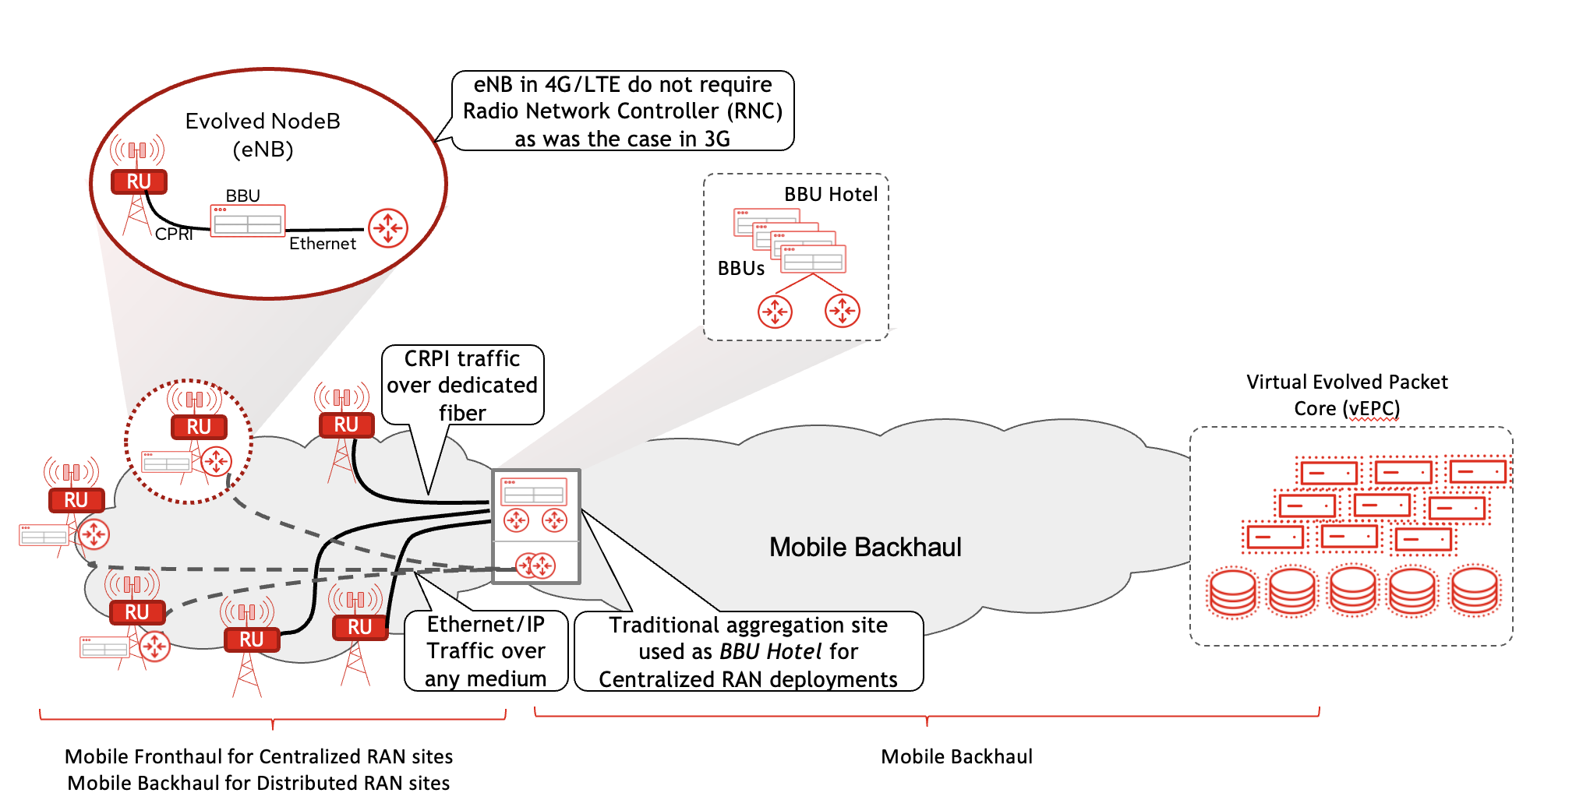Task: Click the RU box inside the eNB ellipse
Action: pos(138,181)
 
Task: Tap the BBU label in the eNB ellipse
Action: pos(242,196)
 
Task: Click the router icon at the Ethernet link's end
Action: pos(387,228)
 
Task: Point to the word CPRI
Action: pos(174,234)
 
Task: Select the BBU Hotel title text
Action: pos(830,195)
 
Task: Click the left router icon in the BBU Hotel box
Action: pos(775,312)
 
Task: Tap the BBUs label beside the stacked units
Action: pos(740,269)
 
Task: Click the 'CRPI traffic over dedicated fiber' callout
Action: pos(462,385)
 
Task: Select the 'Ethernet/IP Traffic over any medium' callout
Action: pos(486,651)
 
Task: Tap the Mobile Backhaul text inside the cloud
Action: pos(864,548)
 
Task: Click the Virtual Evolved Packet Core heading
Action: pos(1346,395)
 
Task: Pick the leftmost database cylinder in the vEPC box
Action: pos(1232,592)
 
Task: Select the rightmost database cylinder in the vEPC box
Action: pos(1474,590)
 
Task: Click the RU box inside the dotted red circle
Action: pos(199,427)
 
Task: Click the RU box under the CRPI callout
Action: pos(346,425)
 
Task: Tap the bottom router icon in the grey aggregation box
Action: pos(535,565)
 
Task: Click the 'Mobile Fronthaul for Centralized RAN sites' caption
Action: pos(259,756)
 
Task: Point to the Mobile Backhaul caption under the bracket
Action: pos(956,756)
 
